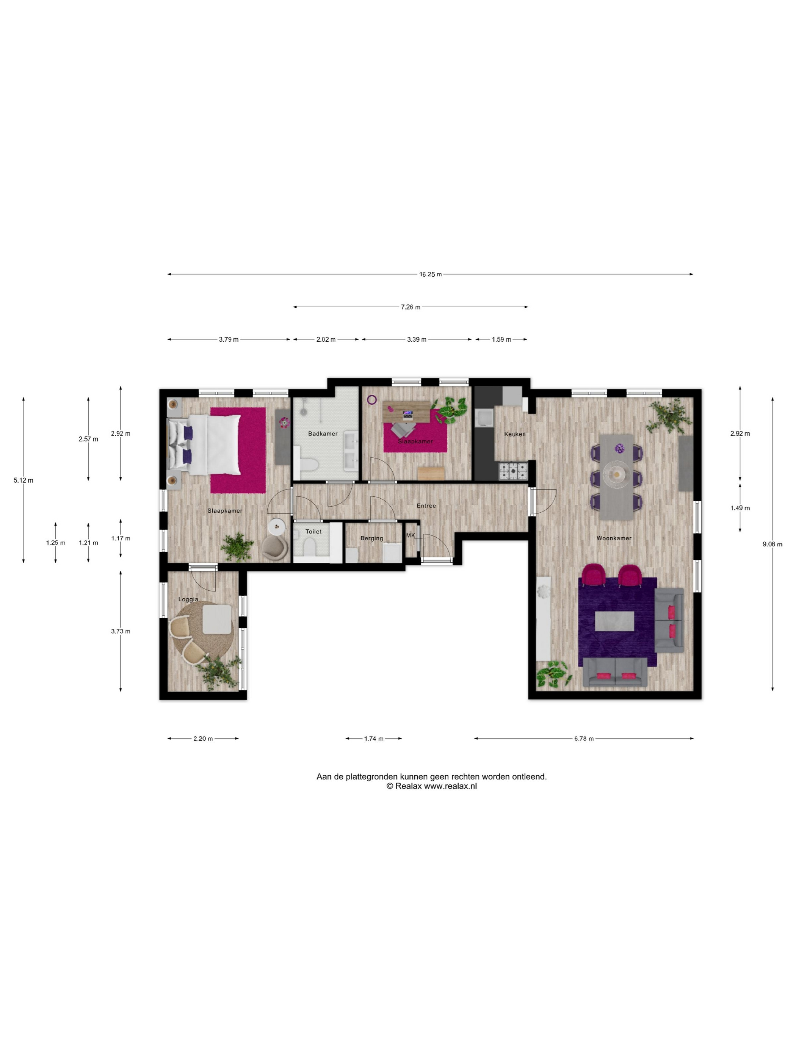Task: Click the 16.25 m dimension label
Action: tap(430, 274)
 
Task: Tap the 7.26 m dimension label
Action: tap(410, 307)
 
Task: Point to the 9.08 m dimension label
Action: tap(772, 544)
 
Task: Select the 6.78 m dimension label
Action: tap(583, 738)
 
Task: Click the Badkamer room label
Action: tap(323, 433)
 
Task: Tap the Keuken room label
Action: tap(514, 434)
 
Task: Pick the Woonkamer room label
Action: tap(614, 538)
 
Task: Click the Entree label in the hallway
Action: tap(426, 505)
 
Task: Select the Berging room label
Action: tap(371, 538)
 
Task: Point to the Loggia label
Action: tap(188, 599)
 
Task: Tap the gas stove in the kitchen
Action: tap(513, 471)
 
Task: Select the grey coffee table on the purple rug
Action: tap(614, 621)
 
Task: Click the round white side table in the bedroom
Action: tap(276, 527)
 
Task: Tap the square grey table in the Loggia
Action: tap(217, 619)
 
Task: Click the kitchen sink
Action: tap(483, 418)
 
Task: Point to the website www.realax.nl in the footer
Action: tap(450, 786)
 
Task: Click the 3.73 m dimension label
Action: tap(121, 631)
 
